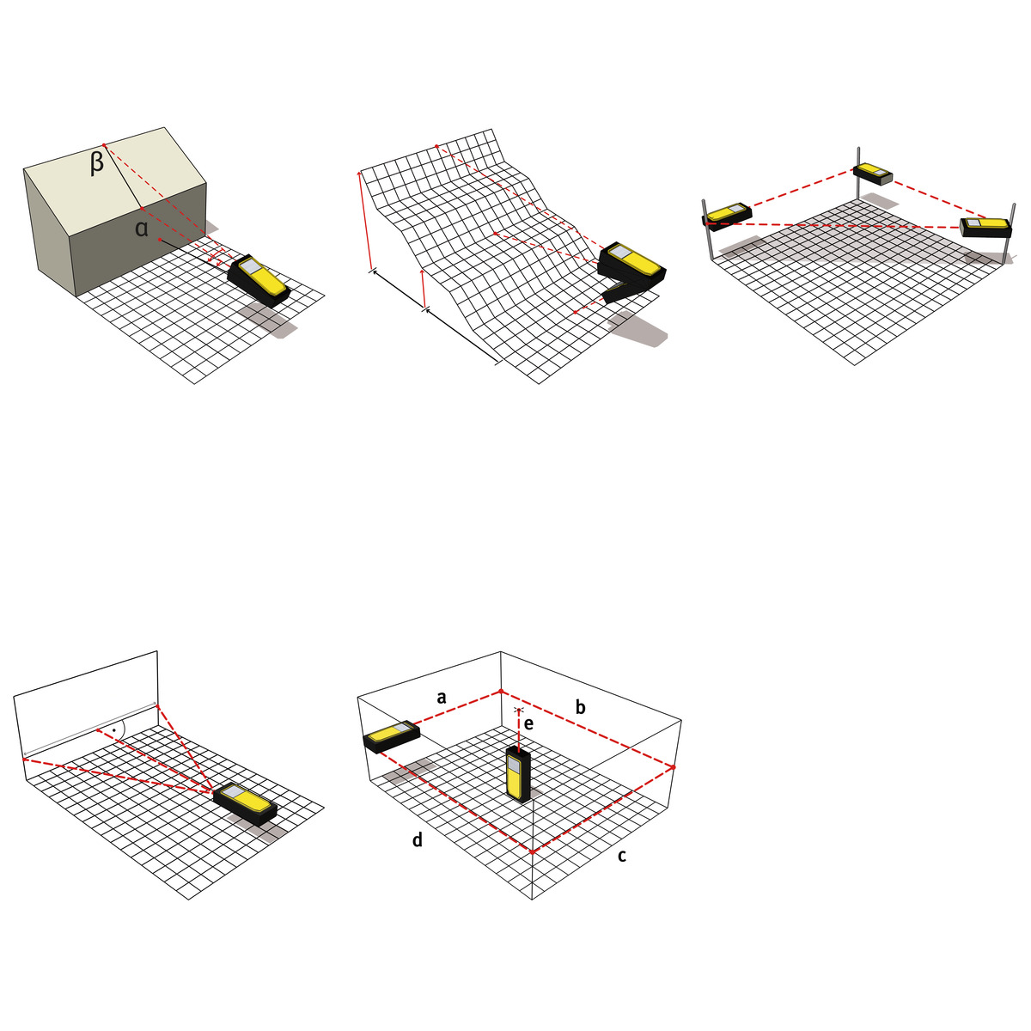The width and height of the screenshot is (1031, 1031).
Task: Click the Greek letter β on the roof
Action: (x=96, y=164)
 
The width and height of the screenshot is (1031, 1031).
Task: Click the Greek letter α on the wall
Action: (x=141, y=229)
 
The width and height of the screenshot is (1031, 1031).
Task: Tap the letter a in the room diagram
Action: (x=442, y=698)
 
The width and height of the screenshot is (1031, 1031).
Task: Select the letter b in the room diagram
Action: (x=581, y=707)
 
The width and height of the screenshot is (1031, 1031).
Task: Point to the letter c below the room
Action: (x=621, y=857)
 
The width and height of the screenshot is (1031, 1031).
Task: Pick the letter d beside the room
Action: (x=418, y=839)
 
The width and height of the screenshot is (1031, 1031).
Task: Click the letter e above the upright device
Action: (x=528, y=724)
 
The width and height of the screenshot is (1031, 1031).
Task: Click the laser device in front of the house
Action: (x=259, y=280)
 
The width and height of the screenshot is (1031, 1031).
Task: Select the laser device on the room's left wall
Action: (x=391, y=736)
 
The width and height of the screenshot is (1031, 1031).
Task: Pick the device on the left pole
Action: (x=727, y=217)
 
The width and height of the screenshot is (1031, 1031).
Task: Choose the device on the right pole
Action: (x=985, y=228)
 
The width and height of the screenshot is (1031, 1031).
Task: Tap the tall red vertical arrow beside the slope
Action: (x=363, y=221)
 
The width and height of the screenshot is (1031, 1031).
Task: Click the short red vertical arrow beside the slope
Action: (x=424, y=290)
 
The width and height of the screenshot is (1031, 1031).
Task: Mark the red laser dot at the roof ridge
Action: (x=104, y=145)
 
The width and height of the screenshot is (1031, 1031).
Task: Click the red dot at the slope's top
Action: (x=437, y=146)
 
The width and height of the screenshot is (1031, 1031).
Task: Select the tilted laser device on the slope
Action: (x=631, y=273)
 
